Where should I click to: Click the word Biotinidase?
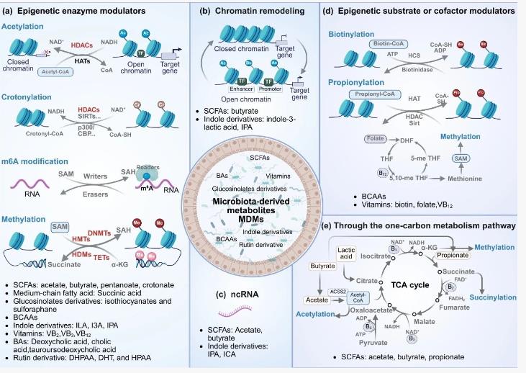click(x=408, y=71)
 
